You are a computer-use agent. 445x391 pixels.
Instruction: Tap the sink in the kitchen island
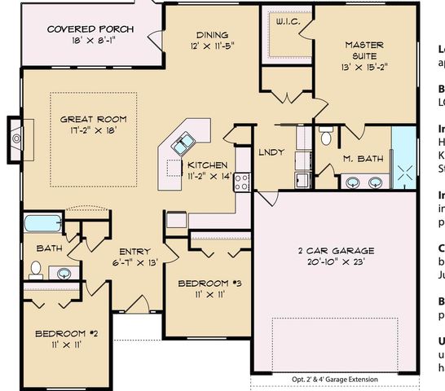pos(183,143)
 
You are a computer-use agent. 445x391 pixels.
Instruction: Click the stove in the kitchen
pos(241,183)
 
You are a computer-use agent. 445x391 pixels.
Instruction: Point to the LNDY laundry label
pos(269,152)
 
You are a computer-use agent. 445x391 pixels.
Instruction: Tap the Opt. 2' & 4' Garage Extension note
pos(341,380)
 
